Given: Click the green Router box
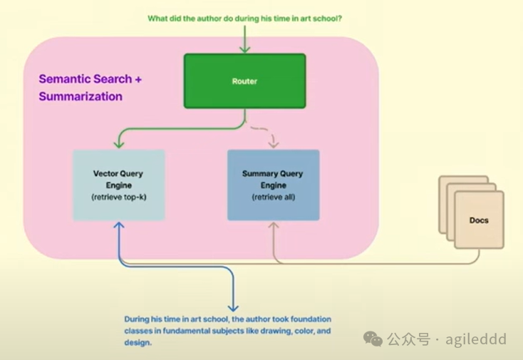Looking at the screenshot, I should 244,81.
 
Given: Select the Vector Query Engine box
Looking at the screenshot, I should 118,184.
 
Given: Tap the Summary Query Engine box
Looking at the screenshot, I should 272,184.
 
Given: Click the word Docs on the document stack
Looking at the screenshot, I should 479,220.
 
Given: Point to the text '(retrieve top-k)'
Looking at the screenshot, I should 118,196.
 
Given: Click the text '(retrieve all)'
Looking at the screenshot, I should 272,196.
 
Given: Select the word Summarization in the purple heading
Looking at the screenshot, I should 81,96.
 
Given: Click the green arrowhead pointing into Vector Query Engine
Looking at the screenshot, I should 118,145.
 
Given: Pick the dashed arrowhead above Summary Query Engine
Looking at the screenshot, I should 272,145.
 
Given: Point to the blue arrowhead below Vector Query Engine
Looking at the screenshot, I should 118,226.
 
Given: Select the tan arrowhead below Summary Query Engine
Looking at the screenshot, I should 272,226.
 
